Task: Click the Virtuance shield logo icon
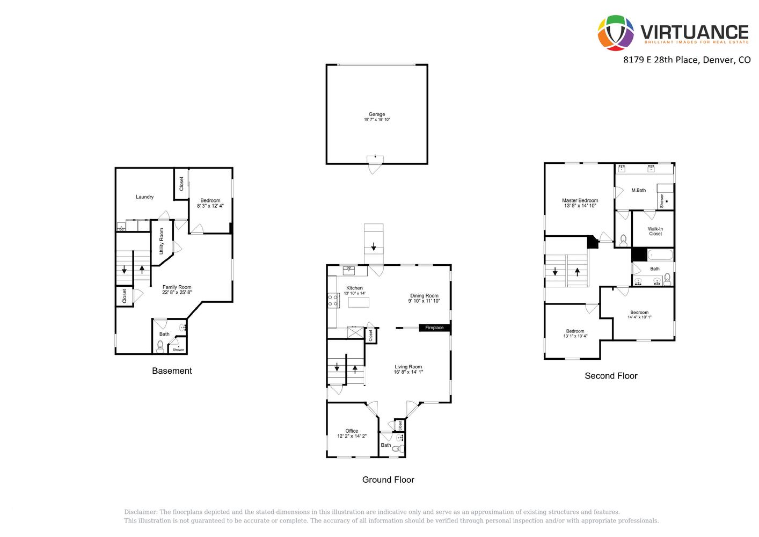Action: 616,33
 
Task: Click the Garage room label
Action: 377,114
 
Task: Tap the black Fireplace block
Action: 434,328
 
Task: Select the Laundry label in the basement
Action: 145,197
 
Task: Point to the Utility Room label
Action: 161,241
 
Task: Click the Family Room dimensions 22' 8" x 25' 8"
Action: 177,292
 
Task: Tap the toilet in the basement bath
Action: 160,346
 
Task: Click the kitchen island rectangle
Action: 359,302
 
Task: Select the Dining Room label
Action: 424,296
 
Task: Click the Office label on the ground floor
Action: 352,431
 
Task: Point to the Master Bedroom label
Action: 580,200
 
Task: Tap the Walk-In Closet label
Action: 655,231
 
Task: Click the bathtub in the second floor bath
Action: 660,255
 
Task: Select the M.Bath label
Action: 639,190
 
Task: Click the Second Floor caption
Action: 611,375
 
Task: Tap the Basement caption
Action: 172,371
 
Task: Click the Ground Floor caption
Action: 388,480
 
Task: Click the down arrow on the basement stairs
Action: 124,270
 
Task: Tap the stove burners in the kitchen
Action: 333,300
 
